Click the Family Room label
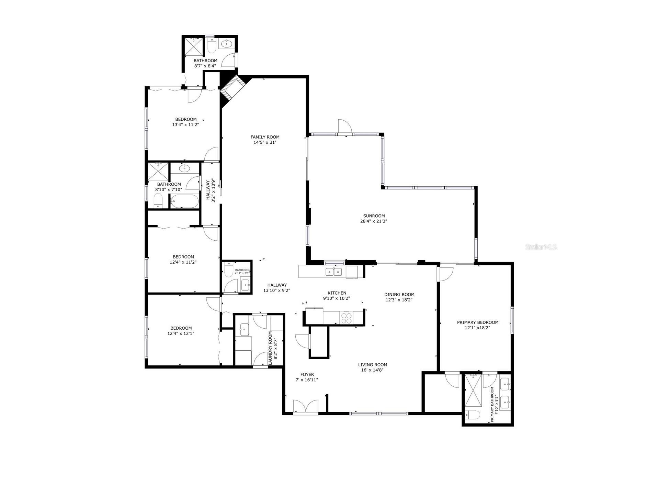(x=265, y=137)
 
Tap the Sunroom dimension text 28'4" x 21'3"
(x=374, y=221)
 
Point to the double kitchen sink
(x=334, y=272)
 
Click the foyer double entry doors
(x=306, y=406)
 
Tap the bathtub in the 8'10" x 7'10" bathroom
(x=184, y=201)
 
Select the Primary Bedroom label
(x=477, y=322)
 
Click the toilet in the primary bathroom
(x=472, y=415)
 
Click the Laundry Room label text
(x=270, y=348)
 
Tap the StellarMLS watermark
(x=541, y=247)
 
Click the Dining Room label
(x=399, y=295)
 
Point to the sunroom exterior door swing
(x=344, y=126)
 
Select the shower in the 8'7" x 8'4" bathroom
(x=194, y=46)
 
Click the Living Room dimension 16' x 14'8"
(x=372, y=370)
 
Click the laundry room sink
(x=244, y=329)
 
